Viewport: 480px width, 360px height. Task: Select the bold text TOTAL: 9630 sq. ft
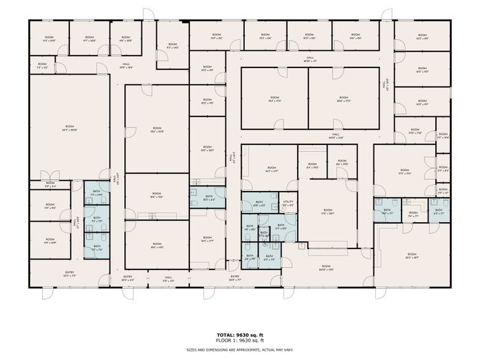click(x=239, y=335)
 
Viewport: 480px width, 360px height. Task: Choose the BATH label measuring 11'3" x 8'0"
click(x=281, y=227)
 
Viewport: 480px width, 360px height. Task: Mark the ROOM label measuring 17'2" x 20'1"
click(x=328, y=212)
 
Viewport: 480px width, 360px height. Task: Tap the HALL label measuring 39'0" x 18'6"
click(x=126, y=66)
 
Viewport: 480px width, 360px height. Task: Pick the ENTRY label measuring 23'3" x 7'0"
click(x=70, y=274)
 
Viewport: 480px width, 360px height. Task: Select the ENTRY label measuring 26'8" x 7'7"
click(x=234, y=277)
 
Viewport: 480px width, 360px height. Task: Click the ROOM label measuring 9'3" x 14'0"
click(x=173, y=45)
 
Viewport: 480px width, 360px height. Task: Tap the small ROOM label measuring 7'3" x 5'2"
click(x=42, y=66)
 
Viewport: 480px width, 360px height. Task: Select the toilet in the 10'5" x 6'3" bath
click(x=193, y=201)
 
